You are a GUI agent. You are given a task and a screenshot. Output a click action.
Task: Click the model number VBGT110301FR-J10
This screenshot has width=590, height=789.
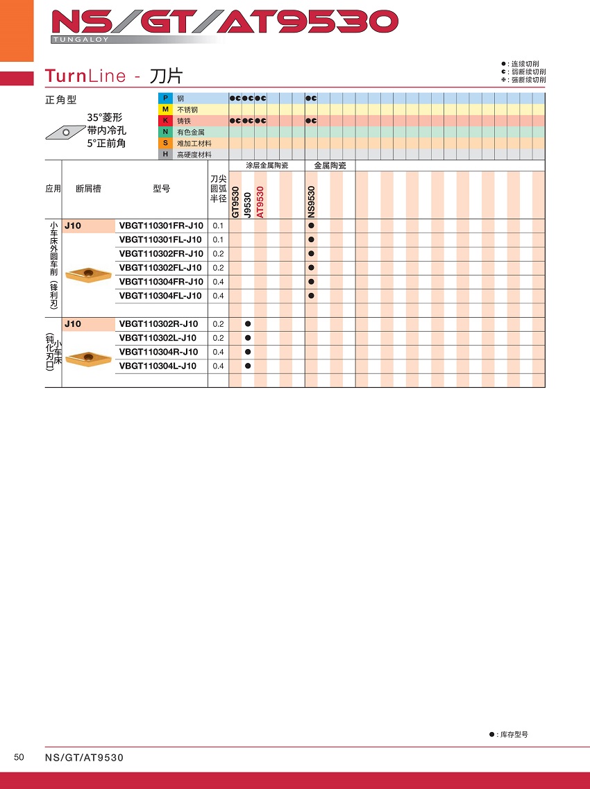tap(161, 226)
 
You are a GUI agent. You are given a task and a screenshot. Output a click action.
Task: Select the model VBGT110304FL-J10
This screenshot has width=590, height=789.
tap(161, 296)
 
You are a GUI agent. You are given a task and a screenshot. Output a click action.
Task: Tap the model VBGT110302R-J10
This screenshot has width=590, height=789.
tap(158, 324)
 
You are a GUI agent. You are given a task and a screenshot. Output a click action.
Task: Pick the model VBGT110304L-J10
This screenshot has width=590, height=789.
tap(158, 366)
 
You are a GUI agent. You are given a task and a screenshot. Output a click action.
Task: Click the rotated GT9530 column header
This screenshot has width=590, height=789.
tap(235, 203)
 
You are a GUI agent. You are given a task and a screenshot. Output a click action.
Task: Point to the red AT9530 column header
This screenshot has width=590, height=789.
tap(260, 203)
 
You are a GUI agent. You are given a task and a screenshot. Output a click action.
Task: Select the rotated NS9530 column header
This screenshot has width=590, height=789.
tap(311, 203)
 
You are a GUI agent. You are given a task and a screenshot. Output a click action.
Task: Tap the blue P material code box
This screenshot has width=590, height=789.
tap(165, 99)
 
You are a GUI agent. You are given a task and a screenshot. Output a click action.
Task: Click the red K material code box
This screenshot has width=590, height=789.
tap(165, 121)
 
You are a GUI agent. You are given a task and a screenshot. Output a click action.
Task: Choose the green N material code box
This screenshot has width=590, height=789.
tap(165, 132)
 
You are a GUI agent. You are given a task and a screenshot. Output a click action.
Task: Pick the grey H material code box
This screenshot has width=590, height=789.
tap(165, 154)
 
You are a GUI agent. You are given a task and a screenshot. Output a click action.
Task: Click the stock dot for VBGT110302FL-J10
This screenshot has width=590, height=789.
tap(311, 268)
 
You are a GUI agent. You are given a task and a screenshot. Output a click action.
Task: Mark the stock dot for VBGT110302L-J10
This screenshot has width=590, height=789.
tap(248, 338)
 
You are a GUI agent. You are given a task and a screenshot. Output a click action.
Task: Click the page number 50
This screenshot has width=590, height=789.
tap(19, 757)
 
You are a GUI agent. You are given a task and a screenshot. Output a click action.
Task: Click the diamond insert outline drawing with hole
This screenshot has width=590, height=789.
tap(65, 130)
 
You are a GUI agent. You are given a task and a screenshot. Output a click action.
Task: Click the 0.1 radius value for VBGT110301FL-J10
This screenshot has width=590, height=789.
tap(218, 239)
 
